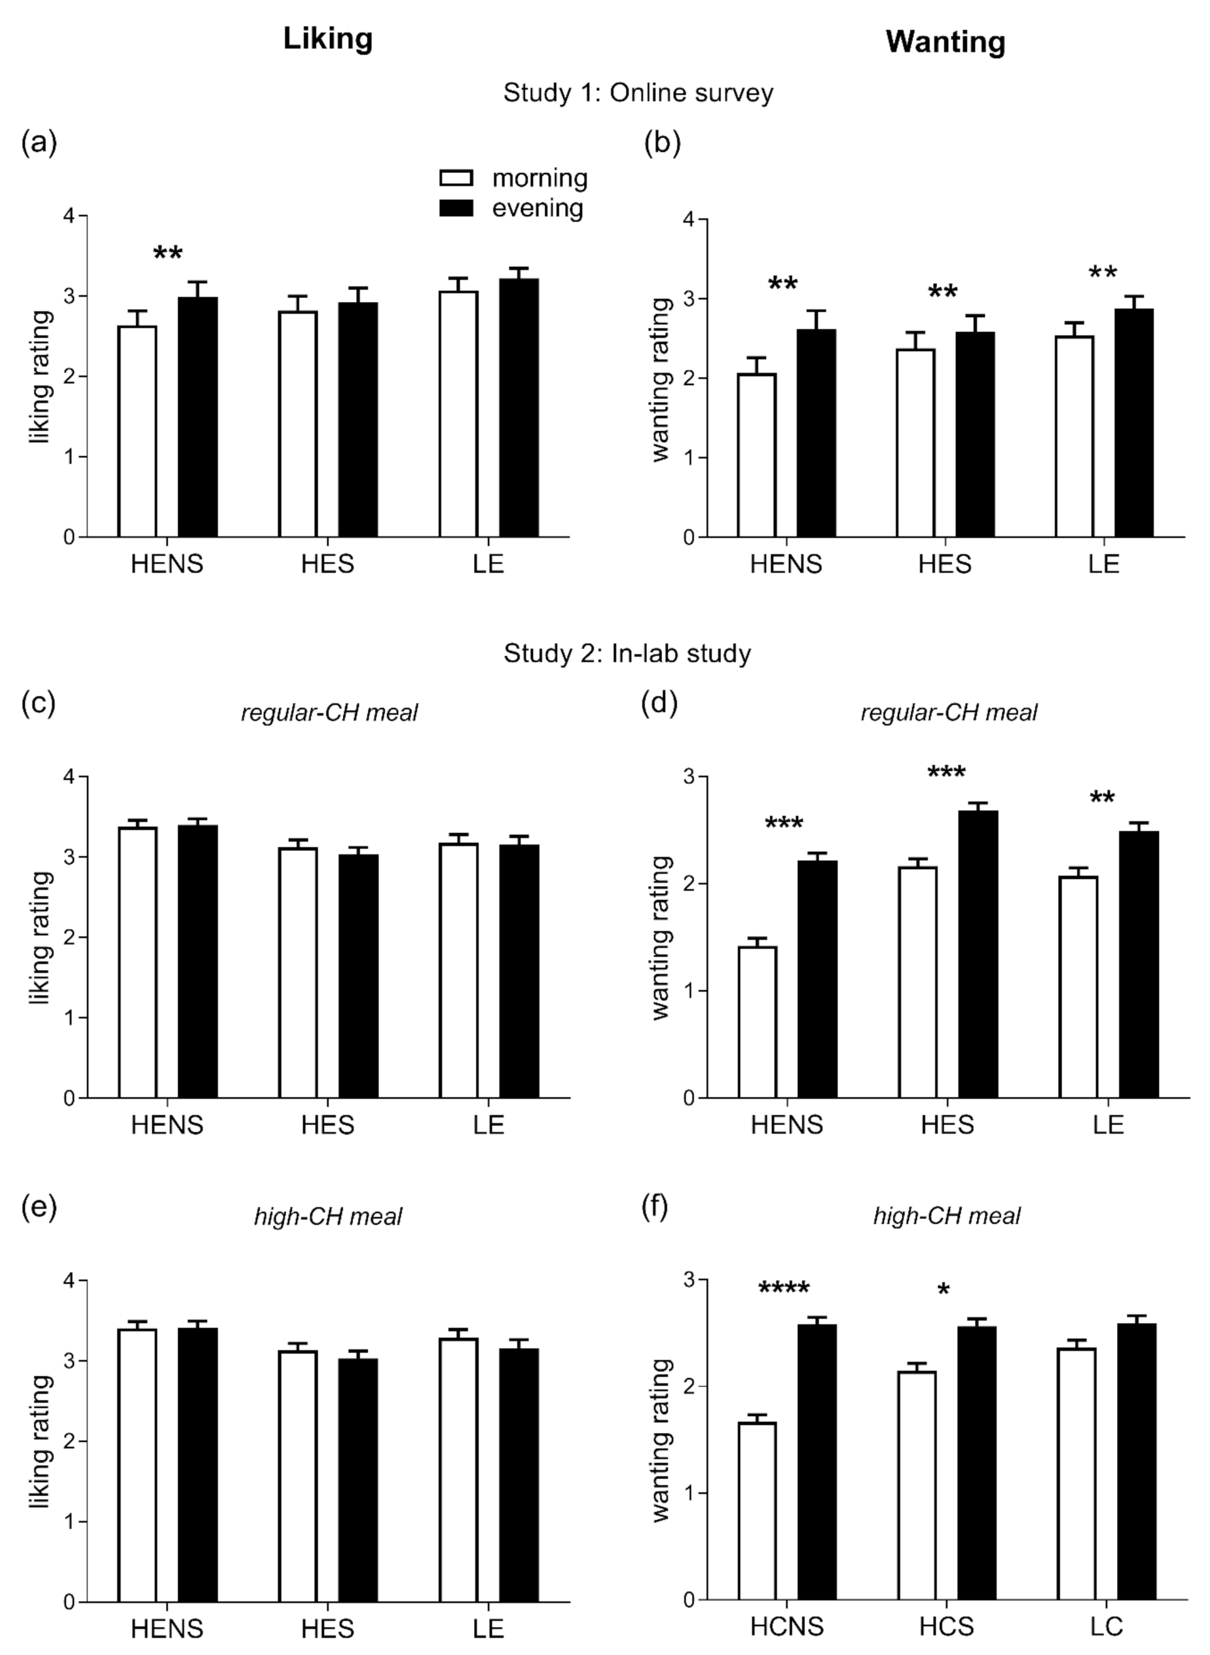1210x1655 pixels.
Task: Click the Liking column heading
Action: point(327,38)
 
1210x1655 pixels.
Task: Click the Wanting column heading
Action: point(945,42)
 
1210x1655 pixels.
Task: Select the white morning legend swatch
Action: point(456,178)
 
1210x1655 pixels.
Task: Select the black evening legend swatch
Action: point(456,208)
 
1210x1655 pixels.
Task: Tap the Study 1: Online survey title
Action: point(638,93)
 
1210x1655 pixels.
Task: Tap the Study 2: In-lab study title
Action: point(627,653)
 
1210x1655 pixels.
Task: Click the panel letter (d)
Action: point(659,703)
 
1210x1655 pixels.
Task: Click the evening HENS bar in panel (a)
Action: point(198,417)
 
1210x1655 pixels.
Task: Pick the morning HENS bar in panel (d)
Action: point(758,1022)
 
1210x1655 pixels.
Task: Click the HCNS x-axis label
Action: point(786,1626)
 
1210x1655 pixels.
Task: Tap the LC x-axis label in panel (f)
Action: point(1106,1626)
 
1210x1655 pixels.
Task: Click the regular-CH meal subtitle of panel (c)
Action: point(329,712)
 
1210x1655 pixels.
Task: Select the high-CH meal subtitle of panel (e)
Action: point(327,1217)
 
